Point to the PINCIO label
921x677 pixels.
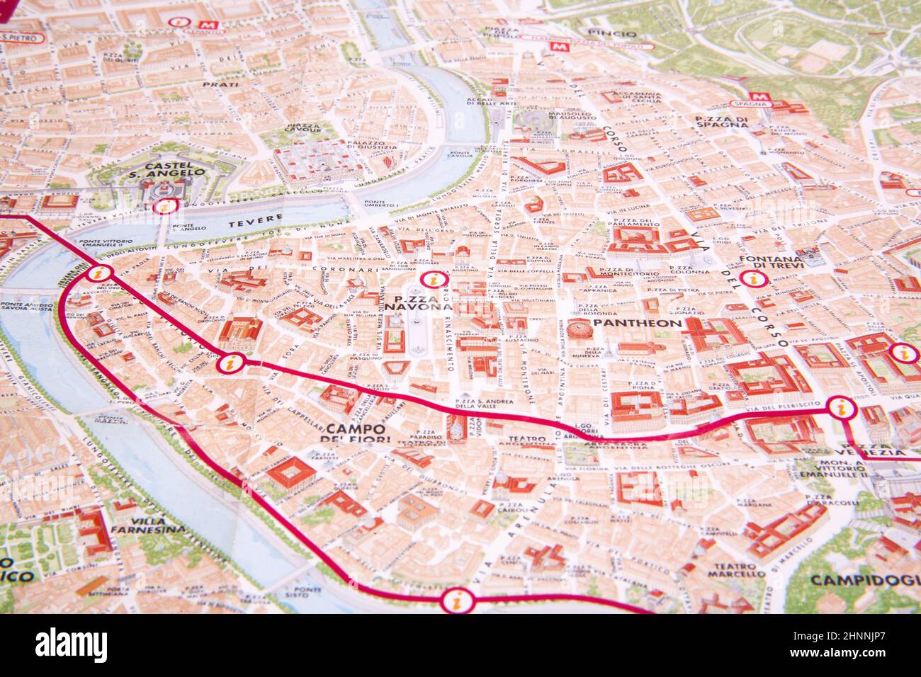click(611, 33)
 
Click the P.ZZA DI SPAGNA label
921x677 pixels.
click(721, 121)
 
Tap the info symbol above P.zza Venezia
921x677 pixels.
click(840, 408)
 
